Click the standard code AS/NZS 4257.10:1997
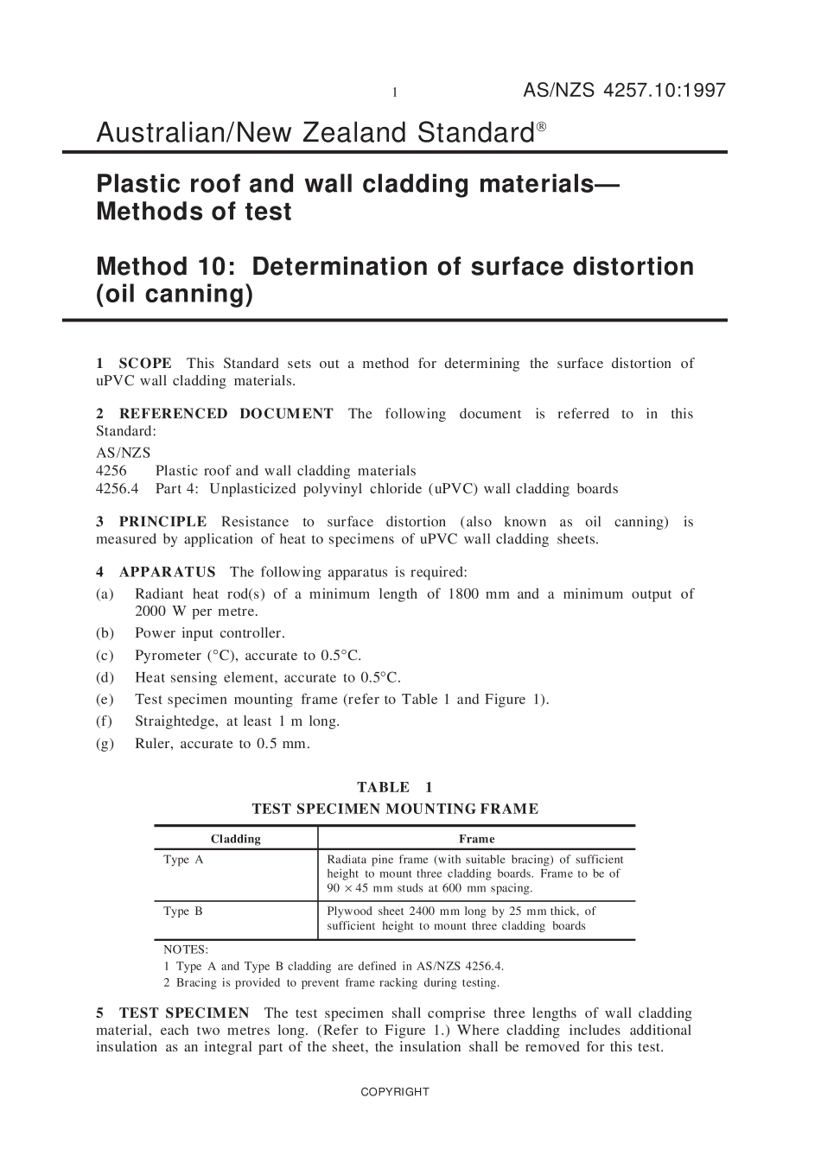[624, 91]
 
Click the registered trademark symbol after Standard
[541, 126]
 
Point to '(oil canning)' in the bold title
[175, 295]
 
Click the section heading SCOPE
[145, 364]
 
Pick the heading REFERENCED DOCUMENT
[226, 414]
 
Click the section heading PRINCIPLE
[162, 522]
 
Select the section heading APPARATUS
[167, 572]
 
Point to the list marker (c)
[105, 656]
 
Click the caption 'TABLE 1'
[395, 787]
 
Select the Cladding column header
[235, 839]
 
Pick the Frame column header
[476, 839]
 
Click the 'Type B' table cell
[183, 911]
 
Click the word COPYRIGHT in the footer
[395, 1092]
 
